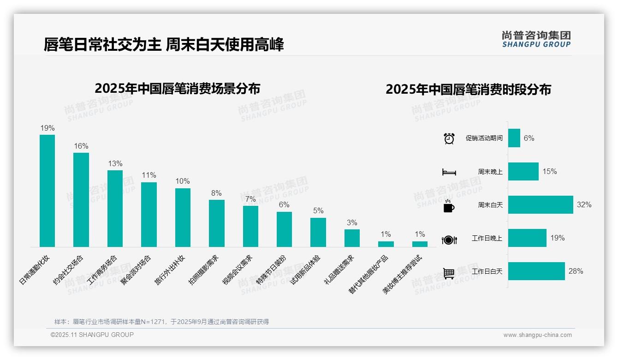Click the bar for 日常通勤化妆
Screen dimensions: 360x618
pos(47,191)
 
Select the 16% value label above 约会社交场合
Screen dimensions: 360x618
pos(81,146)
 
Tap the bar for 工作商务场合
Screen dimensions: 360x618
pos(115,209)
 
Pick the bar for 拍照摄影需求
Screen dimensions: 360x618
pos(217,223)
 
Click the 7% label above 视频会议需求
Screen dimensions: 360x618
pos(250,199)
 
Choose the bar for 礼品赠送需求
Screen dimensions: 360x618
pos(352,238)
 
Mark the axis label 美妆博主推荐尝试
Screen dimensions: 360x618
pos(403,275)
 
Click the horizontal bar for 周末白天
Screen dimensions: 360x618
pos(541,205)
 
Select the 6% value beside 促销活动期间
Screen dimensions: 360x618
pos(529,138)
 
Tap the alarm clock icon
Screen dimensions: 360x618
pos(449,138)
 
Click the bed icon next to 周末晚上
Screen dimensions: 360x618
pos(449,172)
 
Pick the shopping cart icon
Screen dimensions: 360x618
pos(449,273)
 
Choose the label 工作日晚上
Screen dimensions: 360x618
pos(487,239)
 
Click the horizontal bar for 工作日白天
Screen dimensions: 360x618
pos(536,271)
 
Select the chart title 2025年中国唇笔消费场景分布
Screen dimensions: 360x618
pos(177,89)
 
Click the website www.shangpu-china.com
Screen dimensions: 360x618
pos(537,335)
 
